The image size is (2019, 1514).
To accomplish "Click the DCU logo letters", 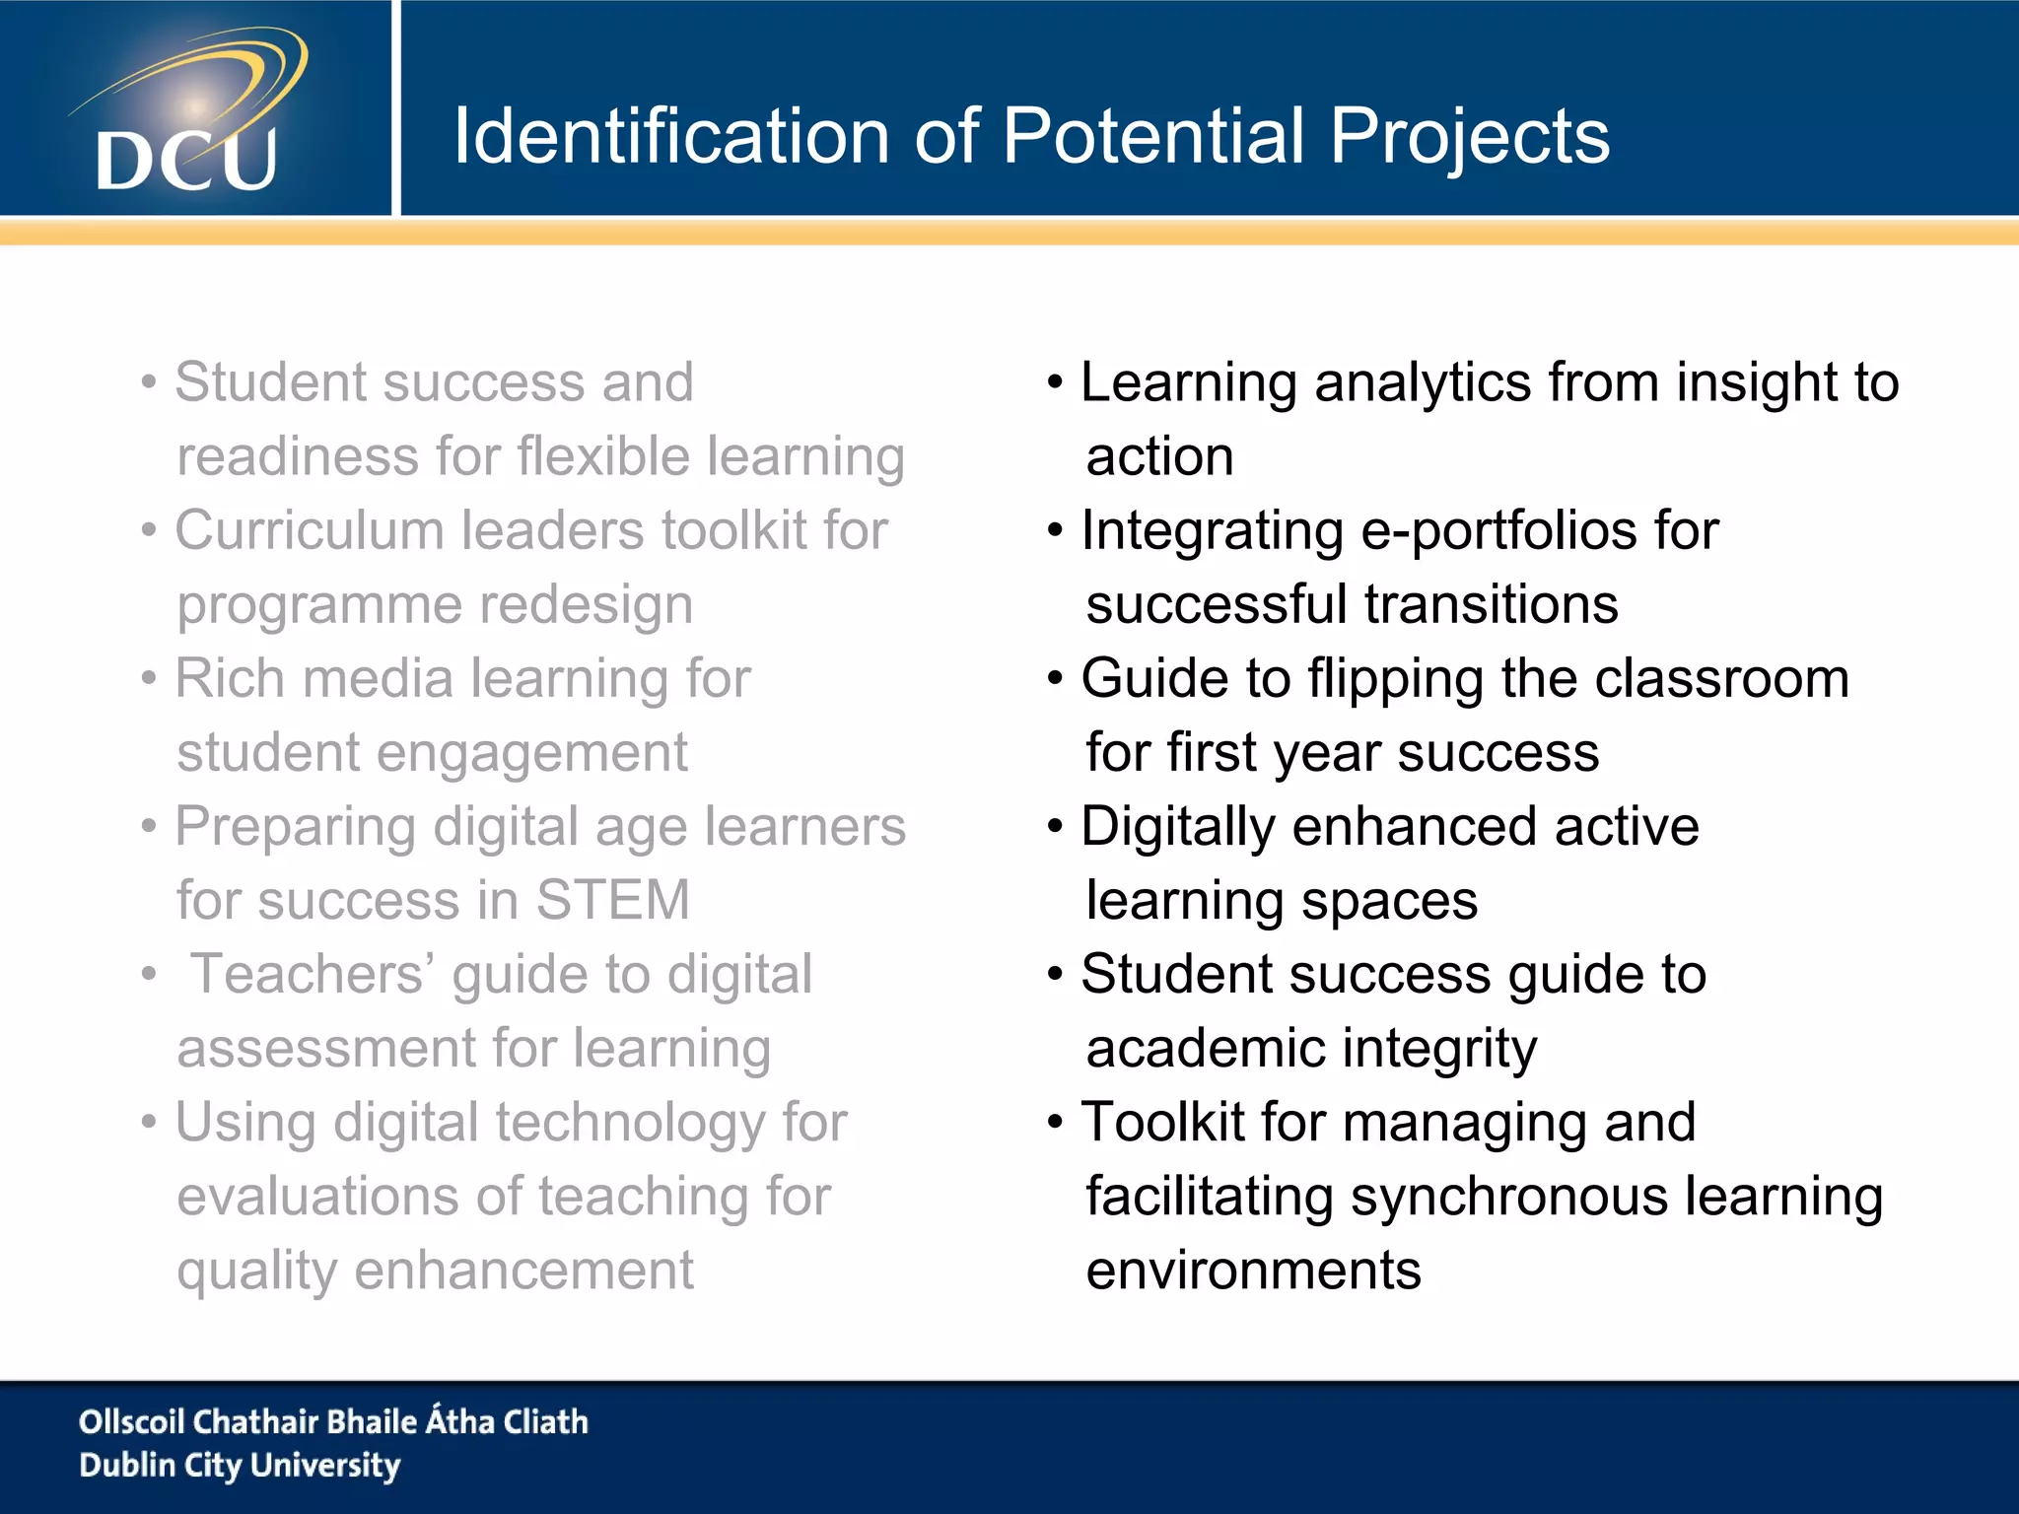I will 186,160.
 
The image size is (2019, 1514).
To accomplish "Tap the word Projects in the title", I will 1469,138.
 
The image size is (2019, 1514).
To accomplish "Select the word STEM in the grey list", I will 612,900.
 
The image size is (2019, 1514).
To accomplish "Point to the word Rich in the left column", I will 230,678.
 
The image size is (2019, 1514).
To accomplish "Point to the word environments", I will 1253,1270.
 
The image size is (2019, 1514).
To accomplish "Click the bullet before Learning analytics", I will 1055,382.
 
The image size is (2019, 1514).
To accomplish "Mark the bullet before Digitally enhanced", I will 1055,827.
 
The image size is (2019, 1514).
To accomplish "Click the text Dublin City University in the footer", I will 240,1466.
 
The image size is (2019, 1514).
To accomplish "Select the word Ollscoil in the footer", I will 131,1421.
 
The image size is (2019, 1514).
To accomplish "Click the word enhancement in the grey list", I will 523,1270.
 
